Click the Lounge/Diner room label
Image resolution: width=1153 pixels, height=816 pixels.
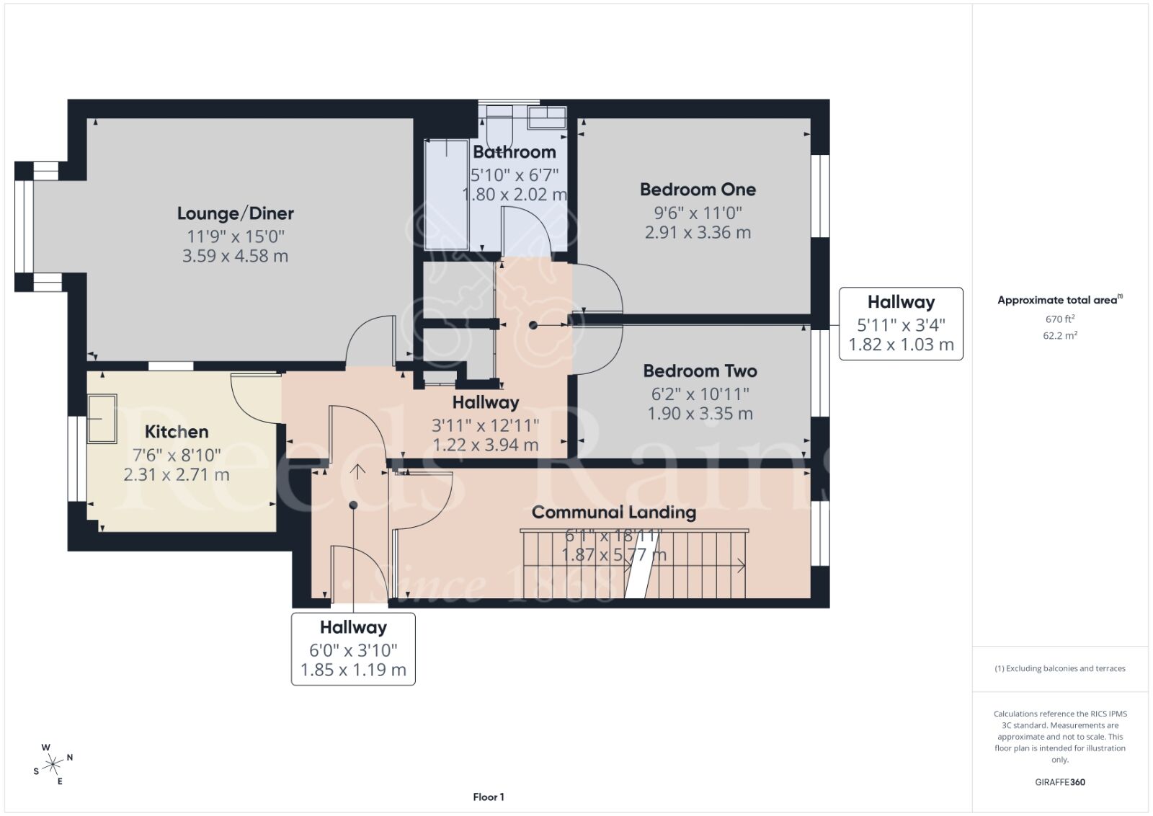point(235,213)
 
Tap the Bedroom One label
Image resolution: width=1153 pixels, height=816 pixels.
point(698,190)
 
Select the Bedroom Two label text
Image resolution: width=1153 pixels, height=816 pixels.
point(700,371)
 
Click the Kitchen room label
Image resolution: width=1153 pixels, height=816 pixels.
point(177,432)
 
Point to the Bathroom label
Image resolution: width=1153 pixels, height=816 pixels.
point(514,152)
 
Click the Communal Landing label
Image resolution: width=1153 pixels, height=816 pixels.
point(613,513)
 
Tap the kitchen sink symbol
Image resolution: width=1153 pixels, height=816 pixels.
point(102,418)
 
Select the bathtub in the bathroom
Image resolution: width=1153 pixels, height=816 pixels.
point(446,195)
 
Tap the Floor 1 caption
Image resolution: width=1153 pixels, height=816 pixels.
point(489,797)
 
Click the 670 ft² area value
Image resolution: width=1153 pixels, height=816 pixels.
point(1059,319)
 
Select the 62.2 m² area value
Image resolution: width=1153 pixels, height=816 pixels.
point(1059,335)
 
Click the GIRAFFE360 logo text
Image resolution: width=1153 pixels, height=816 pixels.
point(1059,782)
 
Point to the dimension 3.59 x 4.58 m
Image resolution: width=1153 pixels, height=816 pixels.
point(235,256)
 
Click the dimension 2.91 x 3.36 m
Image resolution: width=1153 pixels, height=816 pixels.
point(698,233)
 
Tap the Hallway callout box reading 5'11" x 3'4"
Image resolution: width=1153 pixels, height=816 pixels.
point(901,324)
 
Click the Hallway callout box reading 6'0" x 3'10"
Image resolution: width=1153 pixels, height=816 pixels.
point(353,649)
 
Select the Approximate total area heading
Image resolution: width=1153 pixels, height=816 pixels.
point(1058,300)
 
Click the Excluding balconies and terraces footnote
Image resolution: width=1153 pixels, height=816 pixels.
point(1059,668)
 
